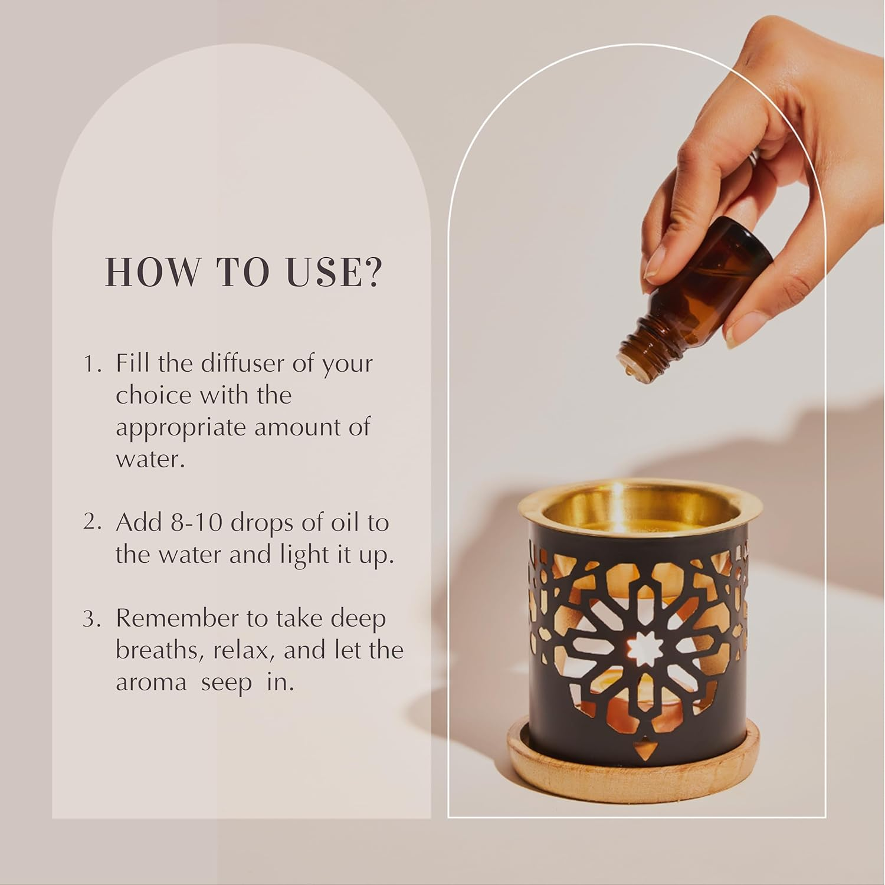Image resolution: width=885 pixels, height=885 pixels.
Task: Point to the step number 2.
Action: pyautogui.click(x=90, y=523)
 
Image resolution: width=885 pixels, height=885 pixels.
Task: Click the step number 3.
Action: pyautogui.click(x=90, y=619)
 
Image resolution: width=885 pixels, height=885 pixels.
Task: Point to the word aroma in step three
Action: pyautogui.click(x=151, y=682)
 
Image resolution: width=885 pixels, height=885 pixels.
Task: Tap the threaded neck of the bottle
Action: pyautogui.click(x=643, y=350)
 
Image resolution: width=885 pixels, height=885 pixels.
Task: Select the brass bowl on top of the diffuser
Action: pyautogui.click(x=640, y=505)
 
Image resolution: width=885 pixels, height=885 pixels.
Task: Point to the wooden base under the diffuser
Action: pyautogui.click(x=634, y=773)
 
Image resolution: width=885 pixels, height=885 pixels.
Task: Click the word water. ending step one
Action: pyautogui.click(x=150, y=459)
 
